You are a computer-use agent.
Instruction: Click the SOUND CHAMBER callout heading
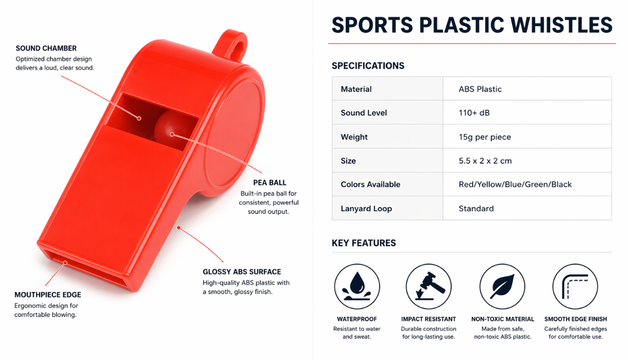point(46,48)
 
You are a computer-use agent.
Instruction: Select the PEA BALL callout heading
point(270,183)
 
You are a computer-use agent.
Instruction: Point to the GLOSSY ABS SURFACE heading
point(241,272)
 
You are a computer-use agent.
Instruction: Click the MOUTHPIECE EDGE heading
point(48,295)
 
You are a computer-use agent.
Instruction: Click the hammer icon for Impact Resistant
point(428,286)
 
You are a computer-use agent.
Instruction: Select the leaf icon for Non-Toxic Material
point(502,286)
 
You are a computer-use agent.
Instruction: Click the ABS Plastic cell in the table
point(527,88)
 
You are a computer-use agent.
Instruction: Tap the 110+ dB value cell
point(527,113)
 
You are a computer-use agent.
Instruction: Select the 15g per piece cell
point(527,137)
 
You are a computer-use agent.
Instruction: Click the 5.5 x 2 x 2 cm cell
point(527,161)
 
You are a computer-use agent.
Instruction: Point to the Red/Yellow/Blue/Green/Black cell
point(527,185)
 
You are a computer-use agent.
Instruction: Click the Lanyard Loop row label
point(366,208)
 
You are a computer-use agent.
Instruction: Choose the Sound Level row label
point(364,113)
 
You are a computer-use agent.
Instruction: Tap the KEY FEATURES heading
point(364,243)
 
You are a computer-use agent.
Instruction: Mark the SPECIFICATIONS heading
point(368,65)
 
